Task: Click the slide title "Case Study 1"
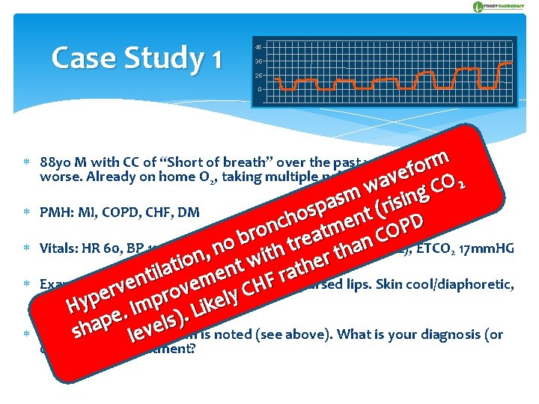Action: pyautogui.click(x=136, y=58)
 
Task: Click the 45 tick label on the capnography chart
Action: pyautogui.click(x=258, y=47)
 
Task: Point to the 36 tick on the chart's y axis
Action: pyautogui.click(x=258, y=61)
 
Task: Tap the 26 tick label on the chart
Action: pyautogui.click(x=258, y=76)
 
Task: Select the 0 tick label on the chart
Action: pyautogui.click(x=260, y=90)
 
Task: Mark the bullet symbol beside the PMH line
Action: pyautogui.click(x=27, y=212)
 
